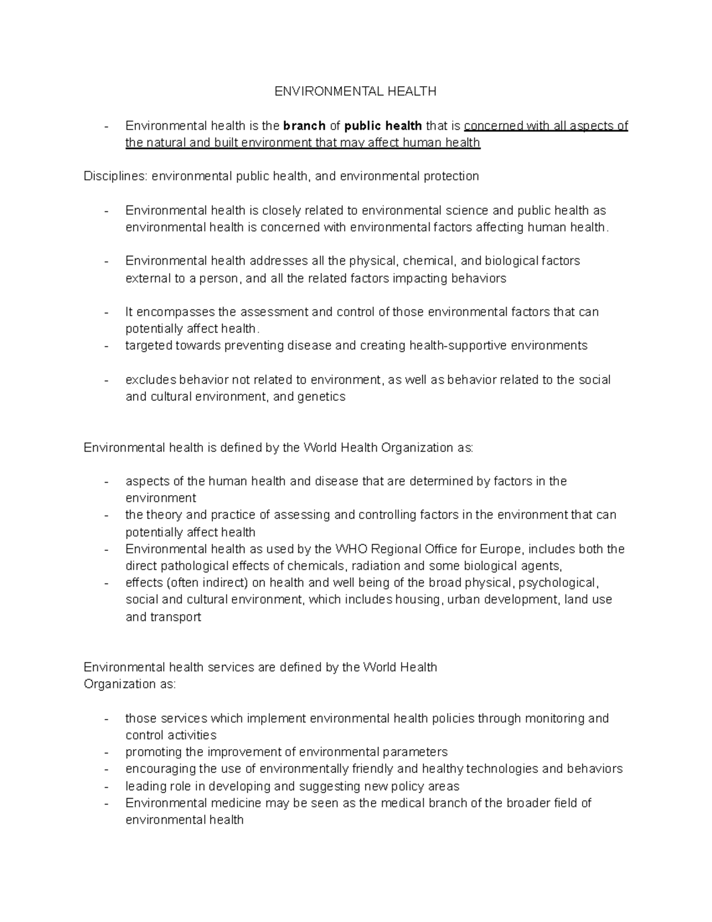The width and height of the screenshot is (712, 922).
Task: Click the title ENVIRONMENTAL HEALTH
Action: [x=355, y=91]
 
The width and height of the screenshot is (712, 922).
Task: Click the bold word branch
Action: [x=304, y=125]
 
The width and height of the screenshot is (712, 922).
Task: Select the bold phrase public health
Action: [x=383, y=125]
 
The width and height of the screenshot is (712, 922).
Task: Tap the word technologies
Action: [x=503, y=769]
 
